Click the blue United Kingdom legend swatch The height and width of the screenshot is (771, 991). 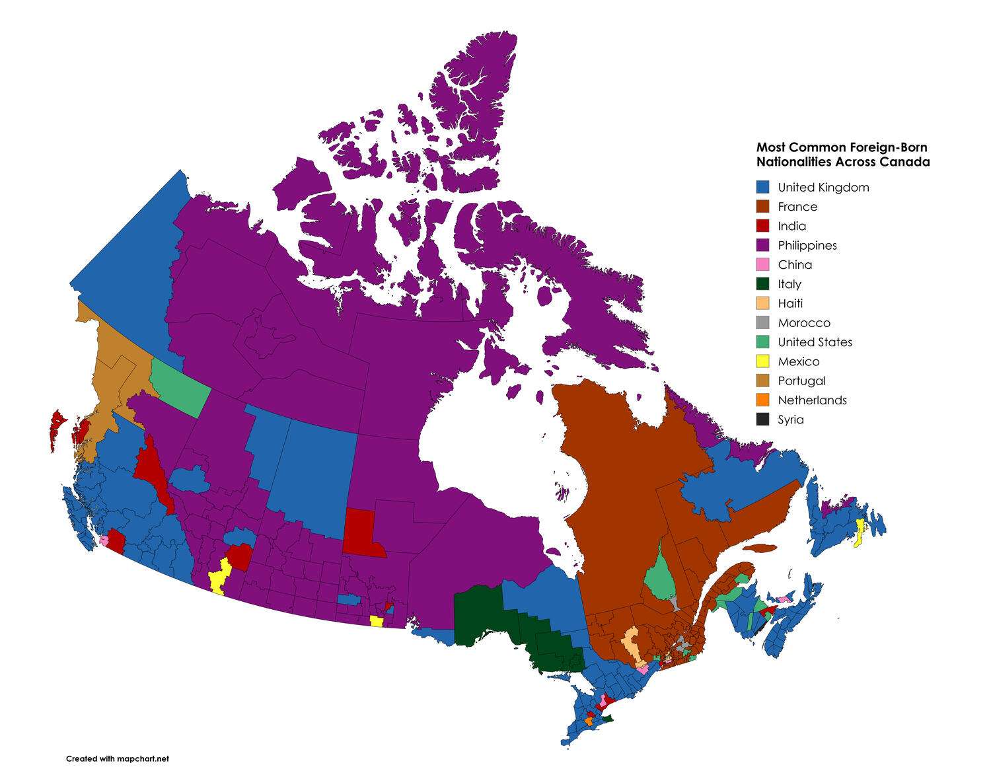click(x=763, y=187)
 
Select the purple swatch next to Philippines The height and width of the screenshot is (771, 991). click(x=763, y=245)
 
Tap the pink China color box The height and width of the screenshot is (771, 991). click(x=763, y=264)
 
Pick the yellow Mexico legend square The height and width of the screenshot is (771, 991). click(x=763, y=361)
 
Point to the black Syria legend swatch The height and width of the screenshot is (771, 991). click(x=763, y=420)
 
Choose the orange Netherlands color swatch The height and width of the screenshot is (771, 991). click(x=763, y=400)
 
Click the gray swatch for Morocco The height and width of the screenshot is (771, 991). click(x=763, y=322)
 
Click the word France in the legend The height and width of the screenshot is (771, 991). click(x=797, y=207)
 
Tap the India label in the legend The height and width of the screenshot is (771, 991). click(x=791, y=226)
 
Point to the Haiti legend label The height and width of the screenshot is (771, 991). click(x=790, y=303)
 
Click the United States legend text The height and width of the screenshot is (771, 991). click(x=815, y=342)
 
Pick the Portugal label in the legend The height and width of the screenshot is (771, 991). click(x=801, y=381)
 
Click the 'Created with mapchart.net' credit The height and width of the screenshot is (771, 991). click(x=118, y=758)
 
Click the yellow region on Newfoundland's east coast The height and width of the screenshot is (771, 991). click(x=860, y=532)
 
